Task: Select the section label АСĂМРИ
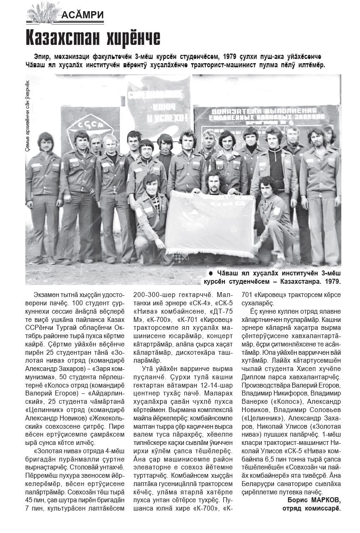(82, 16)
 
